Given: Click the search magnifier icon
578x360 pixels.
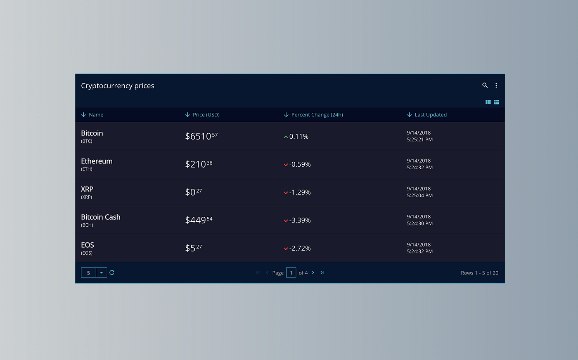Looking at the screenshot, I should (485, 85).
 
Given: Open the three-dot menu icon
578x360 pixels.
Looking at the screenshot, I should (496, 85).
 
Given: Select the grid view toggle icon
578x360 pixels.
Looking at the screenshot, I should (488, 102).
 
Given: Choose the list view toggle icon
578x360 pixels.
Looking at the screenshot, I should (496, 102).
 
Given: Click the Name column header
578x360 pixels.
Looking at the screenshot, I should (96, 115).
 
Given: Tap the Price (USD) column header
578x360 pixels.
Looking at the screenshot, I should (206, 115).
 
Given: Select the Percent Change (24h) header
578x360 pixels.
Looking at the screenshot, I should (317, 115).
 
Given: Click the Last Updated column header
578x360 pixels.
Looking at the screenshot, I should (430, 115).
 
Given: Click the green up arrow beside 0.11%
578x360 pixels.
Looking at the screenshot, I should (286, 137).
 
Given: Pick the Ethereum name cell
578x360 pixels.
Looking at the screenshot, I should (97, 161).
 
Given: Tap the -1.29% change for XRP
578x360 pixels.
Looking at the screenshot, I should (300, 192).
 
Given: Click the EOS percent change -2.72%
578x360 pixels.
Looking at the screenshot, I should (300, 248).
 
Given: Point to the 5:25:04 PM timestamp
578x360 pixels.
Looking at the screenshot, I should (419, 196).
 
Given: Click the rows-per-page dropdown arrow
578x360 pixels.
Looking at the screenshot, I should (101, 272).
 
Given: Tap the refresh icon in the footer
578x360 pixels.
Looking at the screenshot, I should (112, 272).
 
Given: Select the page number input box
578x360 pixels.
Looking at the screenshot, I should (291, 272).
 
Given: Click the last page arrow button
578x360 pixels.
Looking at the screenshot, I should (322, 272).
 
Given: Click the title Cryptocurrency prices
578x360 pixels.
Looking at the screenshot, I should (118, 86).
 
